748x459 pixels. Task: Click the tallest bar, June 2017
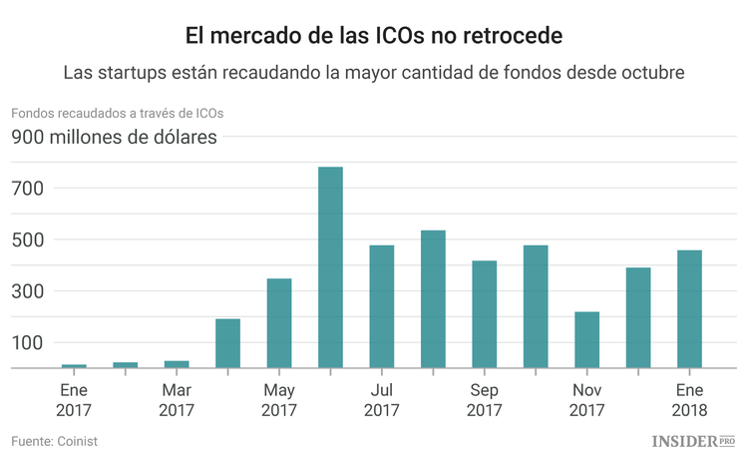point(330,267)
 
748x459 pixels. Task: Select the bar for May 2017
point(279,323)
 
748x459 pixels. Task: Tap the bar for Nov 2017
point(587,340)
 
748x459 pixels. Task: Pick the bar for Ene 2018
point(690,309)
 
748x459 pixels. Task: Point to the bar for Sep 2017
point(485,314)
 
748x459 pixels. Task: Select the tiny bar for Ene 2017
point(74,366)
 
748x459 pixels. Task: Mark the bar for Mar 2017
point(177,364)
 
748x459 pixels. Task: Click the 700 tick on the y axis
point(27,189)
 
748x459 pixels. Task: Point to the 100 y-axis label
point(27,343)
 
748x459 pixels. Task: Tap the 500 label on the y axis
point(27,240)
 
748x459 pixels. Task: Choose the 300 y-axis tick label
point(27,291)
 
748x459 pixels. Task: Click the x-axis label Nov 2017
point(587,400)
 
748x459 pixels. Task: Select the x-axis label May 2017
point(279,400)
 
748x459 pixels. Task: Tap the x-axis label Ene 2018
point(690,400)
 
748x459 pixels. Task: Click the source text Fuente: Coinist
point(55,441)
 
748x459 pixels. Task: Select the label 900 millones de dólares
point(114,138)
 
